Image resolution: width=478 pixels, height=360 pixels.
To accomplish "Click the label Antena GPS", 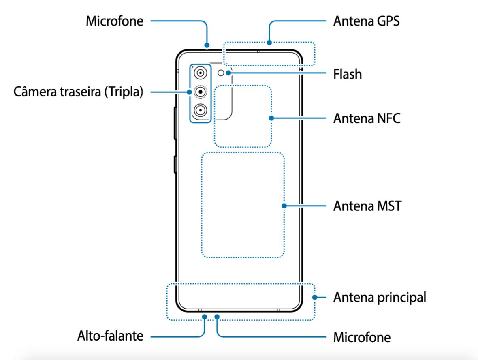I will point(366,21).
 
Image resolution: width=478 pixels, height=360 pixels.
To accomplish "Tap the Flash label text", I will point(347,74).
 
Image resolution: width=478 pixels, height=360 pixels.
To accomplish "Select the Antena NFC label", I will point(367,118).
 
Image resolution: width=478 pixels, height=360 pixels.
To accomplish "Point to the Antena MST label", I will point(367,206).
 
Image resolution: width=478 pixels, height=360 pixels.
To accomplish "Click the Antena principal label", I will point(380,298).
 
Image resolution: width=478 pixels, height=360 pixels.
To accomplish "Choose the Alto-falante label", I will point(110,336).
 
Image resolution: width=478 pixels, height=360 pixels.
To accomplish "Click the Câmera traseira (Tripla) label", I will point(79,92).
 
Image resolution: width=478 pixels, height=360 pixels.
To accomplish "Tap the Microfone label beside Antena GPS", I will point(115,21).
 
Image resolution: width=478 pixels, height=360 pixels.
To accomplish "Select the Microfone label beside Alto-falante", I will point(362,337).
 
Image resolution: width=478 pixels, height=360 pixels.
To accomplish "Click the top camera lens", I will point(200,73).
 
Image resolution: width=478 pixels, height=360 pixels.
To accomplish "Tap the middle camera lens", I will point(200,92).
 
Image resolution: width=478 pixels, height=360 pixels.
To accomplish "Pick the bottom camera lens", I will point(200,109).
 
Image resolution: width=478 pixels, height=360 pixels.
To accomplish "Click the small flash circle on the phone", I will point(221,73).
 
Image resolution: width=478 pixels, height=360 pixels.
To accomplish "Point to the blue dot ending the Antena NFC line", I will point(271,118).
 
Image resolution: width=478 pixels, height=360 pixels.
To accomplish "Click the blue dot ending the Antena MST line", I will point(284,206).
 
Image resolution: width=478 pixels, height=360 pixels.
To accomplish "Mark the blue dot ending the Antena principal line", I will point(314,297).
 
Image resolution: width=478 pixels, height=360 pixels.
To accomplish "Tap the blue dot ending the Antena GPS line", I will point(269,42).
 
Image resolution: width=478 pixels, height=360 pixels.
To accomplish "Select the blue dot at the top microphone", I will point(207,45).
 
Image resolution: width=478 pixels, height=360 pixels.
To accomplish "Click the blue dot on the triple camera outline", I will point(189,92).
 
